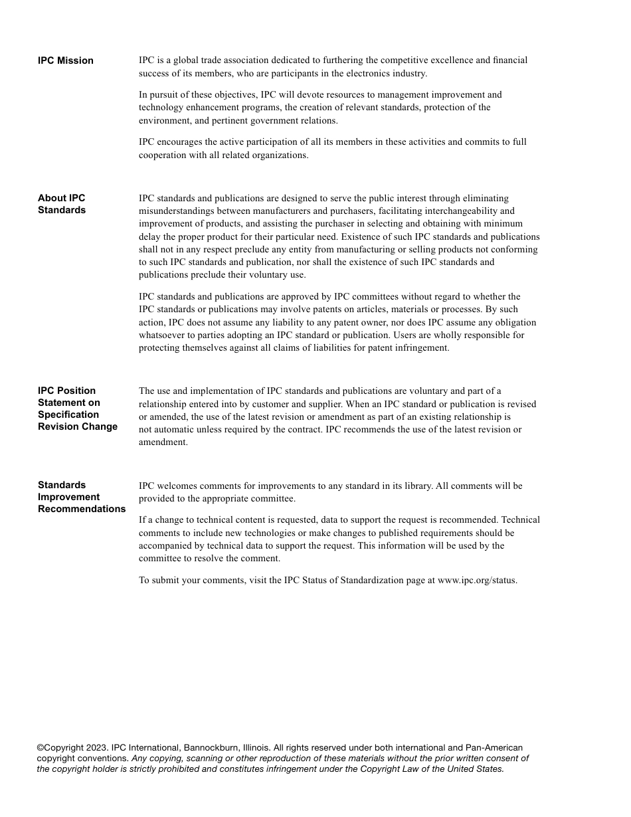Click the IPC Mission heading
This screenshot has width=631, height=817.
(x=66, y=60)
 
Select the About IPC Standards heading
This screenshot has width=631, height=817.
(x=62, y=204)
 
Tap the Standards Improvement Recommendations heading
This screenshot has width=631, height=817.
(x=82, y=497)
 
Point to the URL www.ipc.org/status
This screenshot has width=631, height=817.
(x=477, y=580)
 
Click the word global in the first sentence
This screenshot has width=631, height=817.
(x=187, y=60)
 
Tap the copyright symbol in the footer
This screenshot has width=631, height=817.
(x=40, y=748)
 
